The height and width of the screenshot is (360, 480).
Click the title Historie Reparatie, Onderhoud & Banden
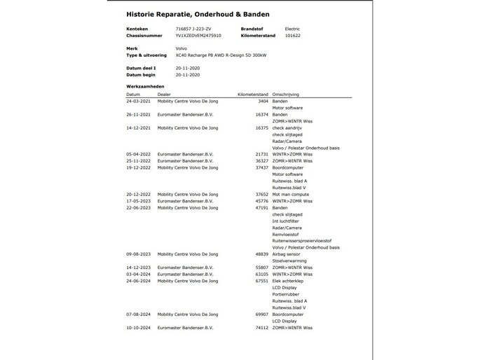coord(198,13)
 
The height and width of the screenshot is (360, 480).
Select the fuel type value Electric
coord(292,29)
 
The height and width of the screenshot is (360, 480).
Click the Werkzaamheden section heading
coord(146,86)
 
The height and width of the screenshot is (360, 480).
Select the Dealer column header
coord(164,94)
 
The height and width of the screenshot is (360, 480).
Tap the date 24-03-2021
coord(138,101)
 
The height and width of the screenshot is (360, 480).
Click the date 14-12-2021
coord(138,127)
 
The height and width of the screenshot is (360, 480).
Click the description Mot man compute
coord(290,194)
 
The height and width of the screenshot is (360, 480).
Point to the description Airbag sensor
coord(287,254)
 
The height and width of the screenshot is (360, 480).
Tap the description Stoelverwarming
coord(289,261)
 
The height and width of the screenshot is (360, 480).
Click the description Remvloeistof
coord(287,234)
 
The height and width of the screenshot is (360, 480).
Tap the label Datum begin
coord(141,74)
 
